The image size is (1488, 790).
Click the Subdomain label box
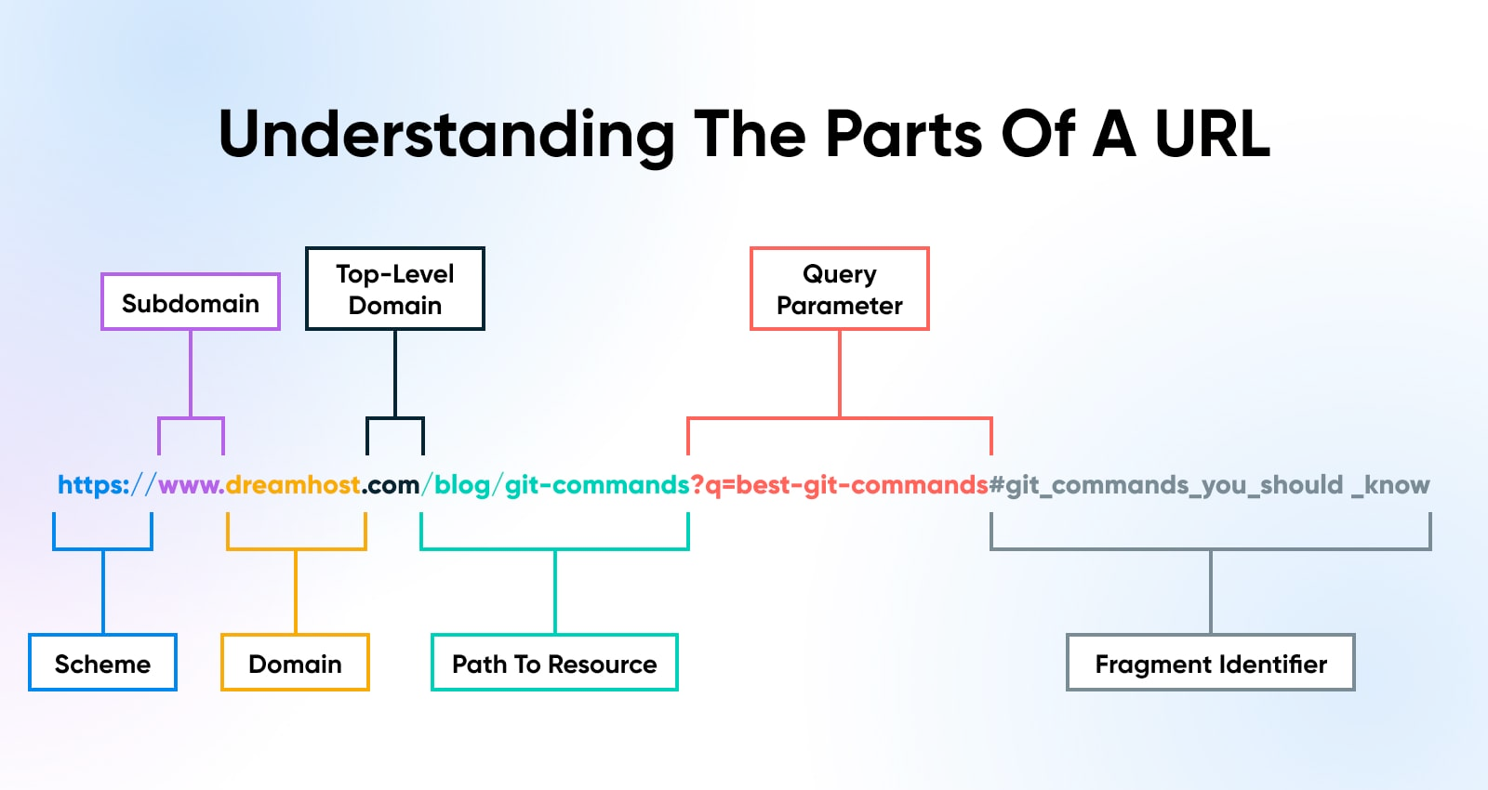coord(191,301)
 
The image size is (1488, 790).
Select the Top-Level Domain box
coord(395,289)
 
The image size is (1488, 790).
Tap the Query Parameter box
coord(840,289)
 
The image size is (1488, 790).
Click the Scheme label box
coord(103,663)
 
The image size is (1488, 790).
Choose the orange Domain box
coord(295,663)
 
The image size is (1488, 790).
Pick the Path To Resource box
coord(554,663)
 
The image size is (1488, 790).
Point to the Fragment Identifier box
coord(1211,663)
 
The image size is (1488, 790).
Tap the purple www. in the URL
coord(192,485)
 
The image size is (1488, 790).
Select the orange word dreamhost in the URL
coord(293,484)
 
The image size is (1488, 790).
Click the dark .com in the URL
coord(391,485)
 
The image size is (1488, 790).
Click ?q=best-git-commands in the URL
coord(840,485)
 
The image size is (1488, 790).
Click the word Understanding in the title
coord(445,136)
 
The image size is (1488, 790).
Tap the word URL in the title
coord(1213,134)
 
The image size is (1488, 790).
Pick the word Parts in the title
coord(903,134)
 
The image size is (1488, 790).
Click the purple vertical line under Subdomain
coord(191,374)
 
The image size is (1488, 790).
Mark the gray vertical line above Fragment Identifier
coord(1211,591)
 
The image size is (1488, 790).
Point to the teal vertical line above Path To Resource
coord(554,591)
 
